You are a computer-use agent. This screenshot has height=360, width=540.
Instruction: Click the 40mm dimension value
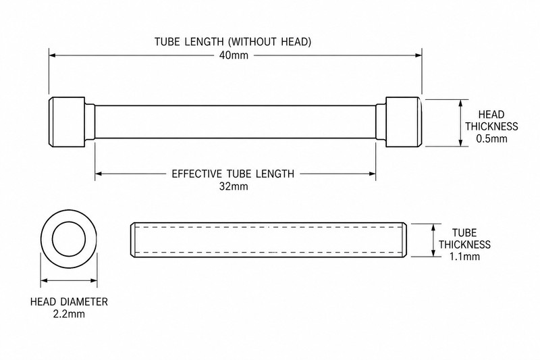point(234,55)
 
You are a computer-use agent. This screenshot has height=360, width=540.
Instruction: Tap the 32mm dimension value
point(234,186)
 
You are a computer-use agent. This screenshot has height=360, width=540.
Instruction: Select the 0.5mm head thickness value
point(492,138)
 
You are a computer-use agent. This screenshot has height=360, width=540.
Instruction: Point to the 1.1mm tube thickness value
point(464,256)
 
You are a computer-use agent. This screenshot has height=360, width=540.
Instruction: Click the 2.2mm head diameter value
point(69,314)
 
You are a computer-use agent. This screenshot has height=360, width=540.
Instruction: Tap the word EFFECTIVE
point(196,174)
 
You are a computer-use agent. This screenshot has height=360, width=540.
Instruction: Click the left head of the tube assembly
point(66,122)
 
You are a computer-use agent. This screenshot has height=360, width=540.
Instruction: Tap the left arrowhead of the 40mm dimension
point(52,55)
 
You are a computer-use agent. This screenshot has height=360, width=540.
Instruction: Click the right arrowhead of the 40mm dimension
point(418,55)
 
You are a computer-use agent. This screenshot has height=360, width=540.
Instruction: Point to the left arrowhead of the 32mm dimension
point(98,174)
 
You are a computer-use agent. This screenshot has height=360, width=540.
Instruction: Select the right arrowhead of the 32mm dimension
point(373,174)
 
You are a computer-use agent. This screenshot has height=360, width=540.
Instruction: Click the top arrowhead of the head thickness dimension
point(461,103)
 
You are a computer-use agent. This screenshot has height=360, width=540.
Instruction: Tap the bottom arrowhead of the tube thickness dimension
point(433,253)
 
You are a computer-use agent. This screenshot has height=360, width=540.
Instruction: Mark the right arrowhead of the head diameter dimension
point(94,281)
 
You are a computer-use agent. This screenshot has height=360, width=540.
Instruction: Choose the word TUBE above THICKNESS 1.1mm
point(464,232)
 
